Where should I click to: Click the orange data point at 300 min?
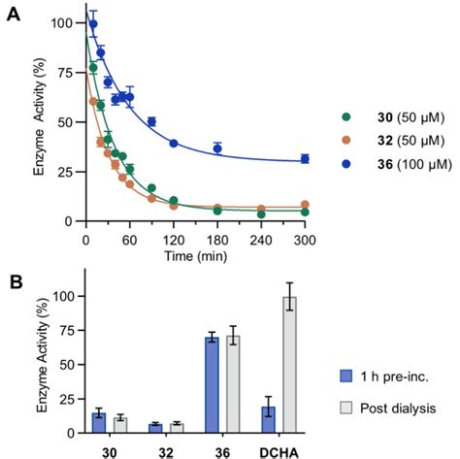click(305, 205)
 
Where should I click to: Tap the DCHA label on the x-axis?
click(279, 449)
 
